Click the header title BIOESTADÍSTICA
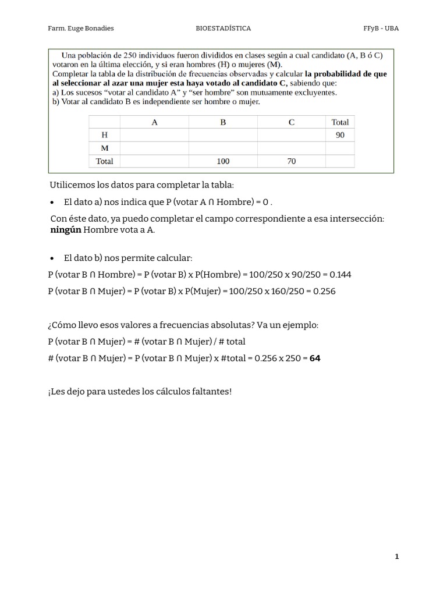[x=224, y=28]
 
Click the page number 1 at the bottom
[x=397, y=557]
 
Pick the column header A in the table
[x=154, y=122]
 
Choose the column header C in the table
[x=291, y=122]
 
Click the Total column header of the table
[x=340, y=122]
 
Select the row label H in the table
[x=105, y=135]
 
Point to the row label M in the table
[x=105, y=148]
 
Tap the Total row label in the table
[x=105, y=161]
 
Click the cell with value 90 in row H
[x=340, y=135]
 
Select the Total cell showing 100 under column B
[x=223, y=161]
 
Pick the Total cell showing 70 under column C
[x=291, y=161]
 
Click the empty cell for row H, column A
[x=154, y=135]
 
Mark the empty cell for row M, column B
[x=223, y=148]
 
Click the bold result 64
[x=315, y=359]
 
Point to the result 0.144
[x=340, y=275]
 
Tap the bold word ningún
[x=66, y=230]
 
